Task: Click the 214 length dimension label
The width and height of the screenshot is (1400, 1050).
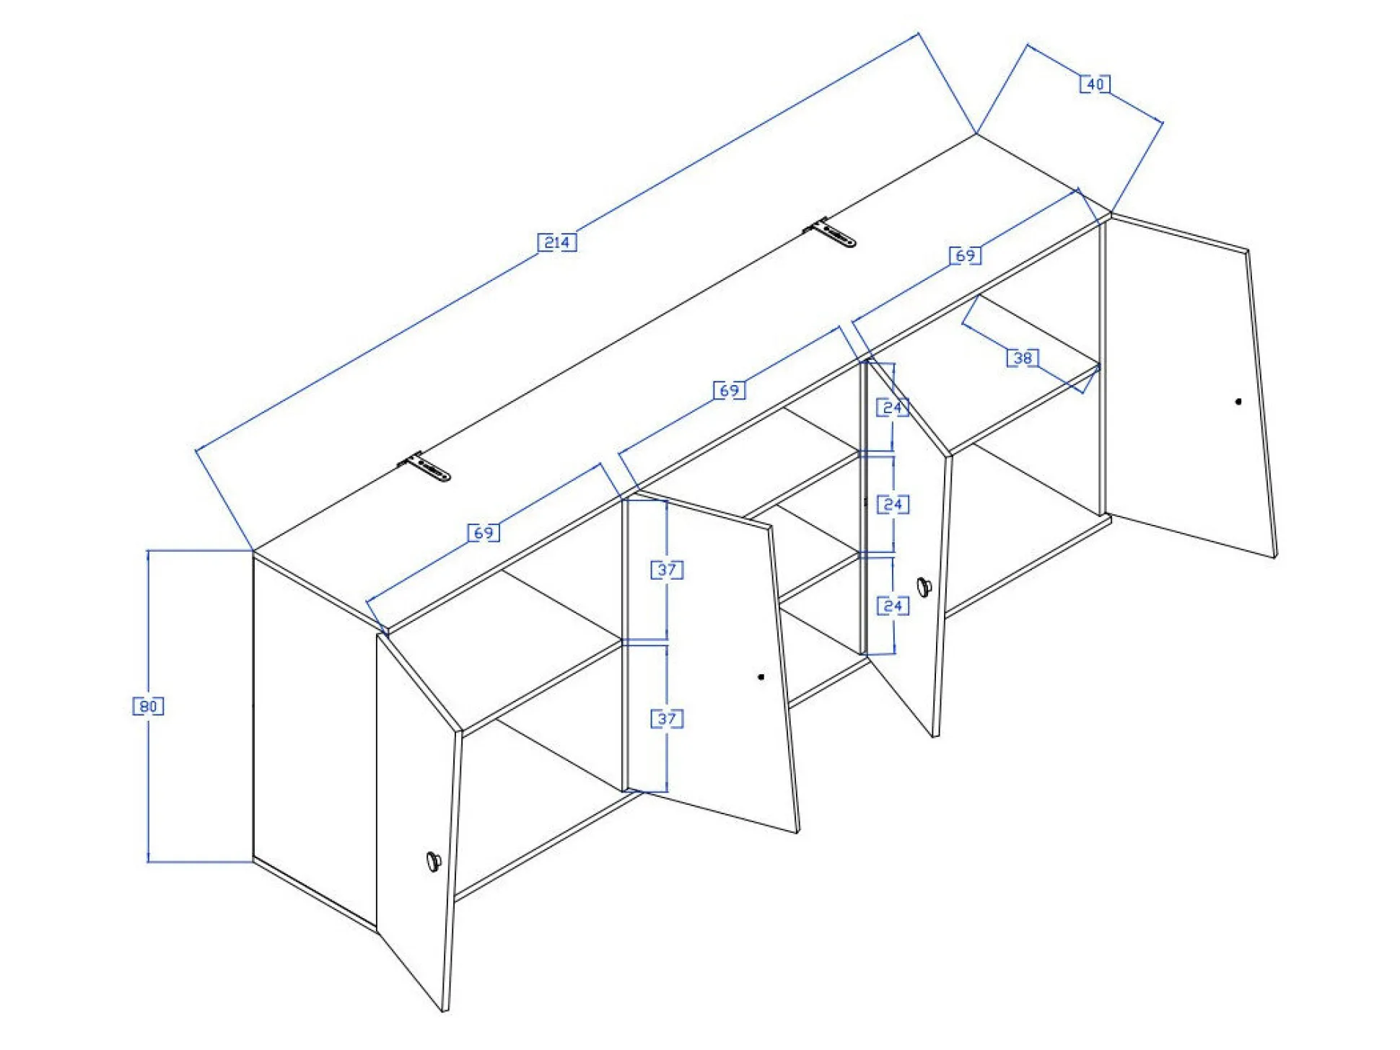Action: [x=557, y=242]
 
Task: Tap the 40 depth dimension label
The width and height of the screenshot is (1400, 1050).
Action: [x=1095, y=84]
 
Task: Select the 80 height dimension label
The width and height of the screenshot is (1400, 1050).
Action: [x=148, y=706]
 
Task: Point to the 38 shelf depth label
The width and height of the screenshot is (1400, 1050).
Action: [x=1023, y=358]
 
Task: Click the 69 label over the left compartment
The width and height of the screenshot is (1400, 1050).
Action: [x=484, y=533]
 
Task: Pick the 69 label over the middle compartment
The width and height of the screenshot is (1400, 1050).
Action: [x=729, y=390]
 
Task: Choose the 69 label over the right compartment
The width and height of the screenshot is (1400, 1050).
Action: [x=965, y=255]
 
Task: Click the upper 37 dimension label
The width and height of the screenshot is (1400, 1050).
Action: [x=667, y=570]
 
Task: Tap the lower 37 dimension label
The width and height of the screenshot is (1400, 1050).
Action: [x=667, y=718]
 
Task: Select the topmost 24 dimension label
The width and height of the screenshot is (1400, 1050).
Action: [x=893, y=407]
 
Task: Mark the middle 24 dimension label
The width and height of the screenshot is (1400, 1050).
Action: [x=893, y=504]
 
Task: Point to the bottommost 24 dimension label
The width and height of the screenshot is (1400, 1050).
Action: [x=893, y=606]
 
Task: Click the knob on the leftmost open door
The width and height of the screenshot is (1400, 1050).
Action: [x=434, y=861]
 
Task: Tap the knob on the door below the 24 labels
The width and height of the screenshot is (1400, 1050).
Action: [x=924, y=587]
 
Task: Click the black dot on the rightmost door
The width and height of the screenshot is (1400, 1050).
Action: [x=1238, y=402]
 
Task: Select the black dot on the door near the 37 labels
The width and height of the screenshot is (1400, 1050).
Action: [x=761, y=676]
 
